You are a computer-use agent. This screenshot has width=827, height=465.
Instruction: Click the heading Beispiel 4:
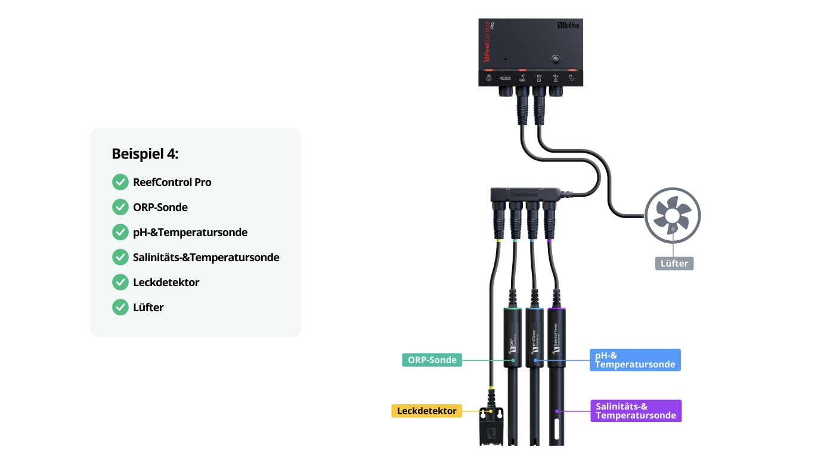145,154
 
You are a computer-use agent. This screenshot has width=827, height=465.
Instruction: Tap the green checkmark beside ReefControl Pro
120,182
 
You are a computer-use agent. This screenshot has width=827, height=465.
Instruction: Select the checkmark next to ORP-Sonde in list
120,207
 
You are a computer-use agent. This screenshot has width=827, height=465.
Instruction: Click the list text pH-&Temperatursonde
190,232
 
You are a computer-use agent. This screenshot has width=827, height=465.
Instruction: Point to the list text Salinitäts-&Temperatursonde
206,258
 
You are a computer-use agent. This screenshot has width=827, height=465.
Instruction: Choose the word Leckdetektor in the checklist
166,283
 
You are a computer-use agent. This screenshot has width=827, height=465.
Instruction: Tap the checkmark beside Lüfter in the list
120,308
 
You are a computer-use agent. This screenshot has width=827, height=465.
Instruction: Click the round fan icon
673,216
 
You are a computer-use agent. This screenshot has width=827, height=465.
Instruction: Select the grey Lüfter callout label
674,263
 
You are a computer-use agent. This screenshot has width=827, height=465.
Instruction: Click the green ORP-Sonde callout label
432,359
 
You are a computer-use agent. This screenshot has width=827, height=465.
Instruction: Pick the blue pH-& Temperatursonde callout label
635,359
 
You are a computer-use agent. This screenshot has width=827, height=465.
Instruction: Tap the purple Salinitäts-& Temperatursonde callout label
636,411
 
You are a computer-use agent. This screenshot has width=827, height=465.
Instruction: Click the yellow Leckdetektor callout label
426,411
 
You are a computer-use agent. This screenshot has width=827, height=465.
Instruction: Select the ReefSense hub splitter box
525,194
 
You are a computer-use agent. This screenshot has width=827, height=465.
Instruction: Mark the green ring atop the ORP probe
513,309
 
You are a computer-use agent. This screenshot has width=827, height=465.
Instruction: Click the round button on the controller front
556,59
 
